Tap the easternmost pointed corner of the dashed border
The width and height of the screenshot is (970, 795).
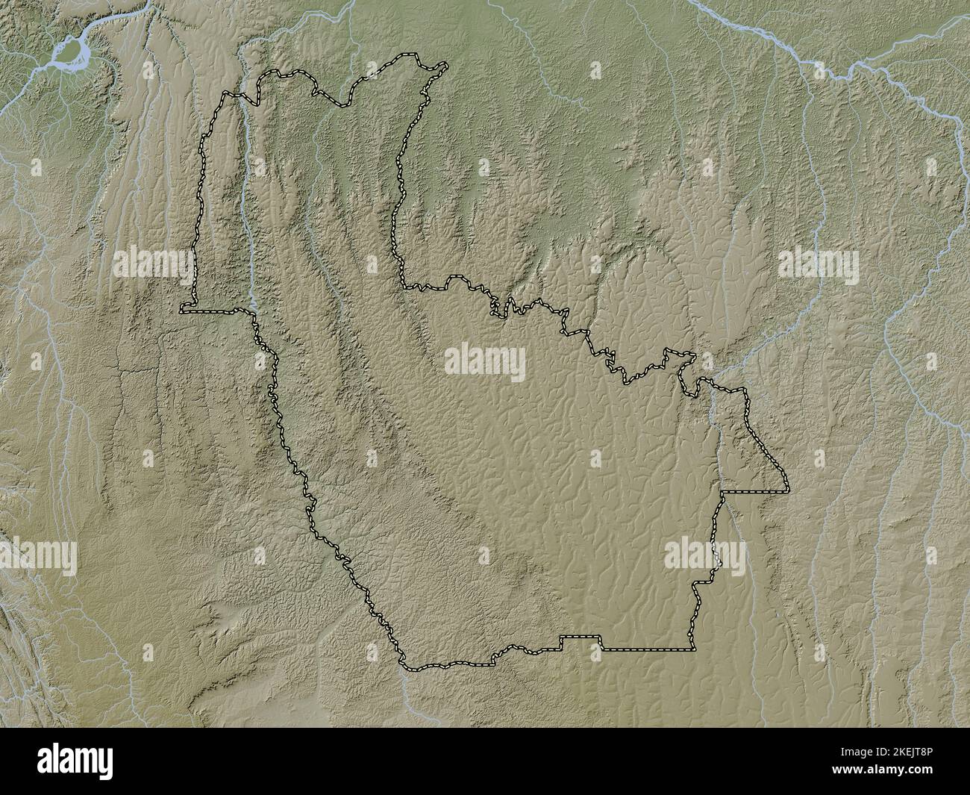pyautogui.click(x=788, y=490)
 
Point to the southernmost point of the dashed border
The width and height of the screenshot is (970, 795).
pyautogui.click(x=409, y=667)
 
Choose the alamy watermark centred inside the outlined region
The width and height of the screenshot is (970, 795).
pyautogui.click(x=485, y=361)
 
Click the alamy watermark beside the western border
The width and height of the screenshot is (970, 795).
pyautogui.click(x=154, y=263)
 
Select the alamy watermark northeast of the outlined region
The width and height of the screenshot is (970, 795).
pyautogui.click(x=819, y=263)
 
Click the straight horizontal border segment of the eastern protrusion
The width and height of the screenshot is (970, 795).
pyautogui.click(x=754, y=493)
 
